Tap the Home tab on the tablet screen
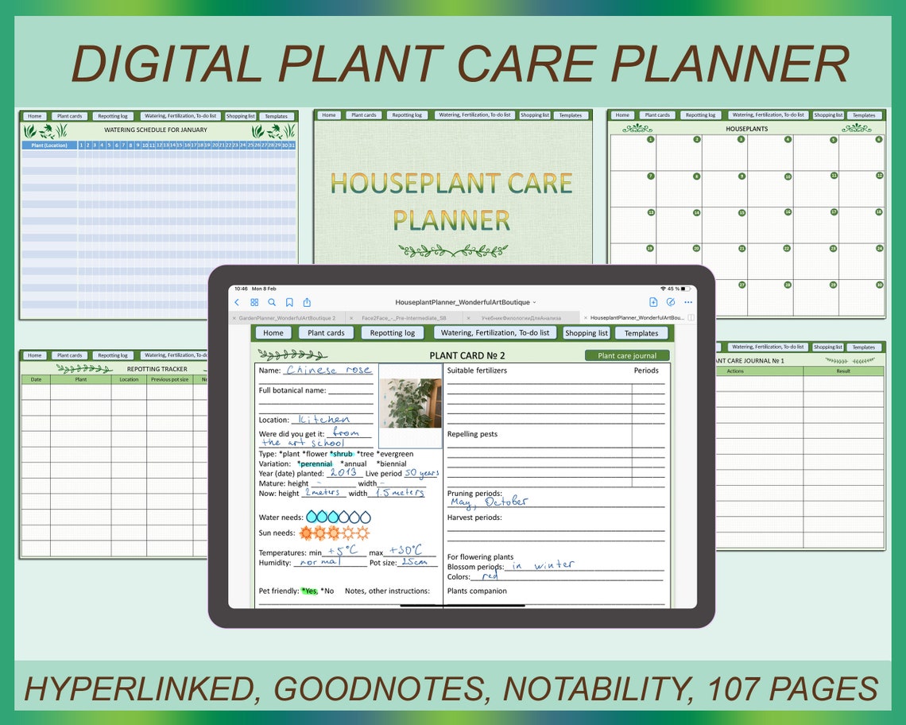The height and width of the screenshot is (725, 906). [273, 333]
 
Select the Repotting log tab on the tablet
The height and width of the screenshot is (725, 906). [392, 333]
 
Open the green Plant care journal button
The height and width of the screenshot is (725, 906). [627, 356]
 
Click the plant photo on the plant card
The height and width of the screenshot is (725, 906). [410, 403]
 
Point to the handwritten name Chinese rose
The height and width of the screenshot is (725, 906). [328, 370]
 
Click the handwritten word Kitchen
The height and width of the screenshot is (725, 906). [323, 419]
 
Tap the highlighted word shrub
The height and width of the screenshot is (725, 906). [342, 454]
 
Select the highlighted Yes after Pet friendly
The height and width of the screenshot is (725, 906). [309, 591]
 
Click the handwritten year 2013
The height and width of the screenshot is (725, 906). [343, 473]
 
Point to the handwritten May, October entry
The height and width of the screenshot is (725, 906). [488, 502]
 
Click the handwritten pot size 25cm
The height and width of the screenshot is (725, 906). [414, 562]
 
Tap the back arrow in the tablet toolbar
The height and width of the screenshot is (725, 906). [237, 302]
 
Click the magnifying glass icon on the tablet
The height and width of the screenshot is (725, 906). [272, 302]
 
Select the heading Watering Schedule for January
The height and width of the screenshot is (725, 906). [156, 130]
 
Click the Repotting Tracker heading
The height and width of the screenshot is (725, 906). [157, 369]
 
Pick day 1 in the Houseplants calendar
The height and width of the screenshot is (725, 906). [651, 139]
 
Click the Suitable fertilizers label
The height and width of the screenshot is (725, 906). [477, 370]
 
